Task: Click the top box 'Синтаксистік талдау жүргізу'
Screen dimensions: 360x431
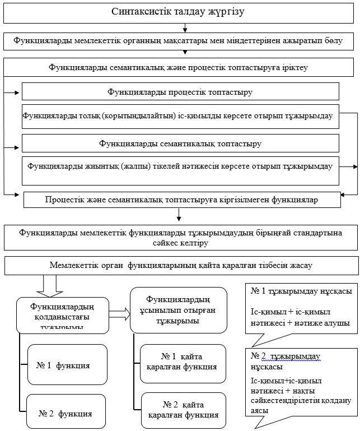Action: click(x=179, y=13)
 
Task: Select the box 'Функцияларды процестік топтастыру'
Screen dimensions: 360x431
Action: click(x=180, y=91)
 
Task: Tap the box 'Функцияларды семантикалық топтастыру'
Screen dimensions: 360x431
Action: click(x=180, y=143)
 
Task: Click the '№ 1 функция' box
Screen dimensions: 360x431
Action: click(x=67, y=364)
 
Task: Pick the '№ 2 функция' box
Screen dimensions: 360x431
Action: click(x=66, y=411)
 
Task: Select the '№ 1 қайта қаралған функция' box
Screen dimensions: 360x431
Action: click(x=183, y=364)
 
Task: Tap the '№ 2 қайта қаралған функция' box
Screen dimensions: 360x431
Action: click(x=184, y=410)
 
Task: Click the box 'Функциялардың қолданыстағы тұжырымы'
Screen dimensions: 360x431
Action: click(x=63, y=316)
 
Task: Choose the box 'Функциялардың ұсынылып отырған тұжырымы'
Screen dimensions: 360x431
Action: click(x=179, y=310)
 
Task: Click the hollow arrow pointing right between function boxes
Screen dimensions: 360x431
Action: click(x=119, y=314)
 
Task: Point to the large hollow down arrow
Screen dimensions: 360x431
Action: click(x=50, y=286)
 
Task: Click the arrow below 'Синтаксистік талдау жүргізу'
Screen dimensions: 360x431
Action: click(x=185, y=28)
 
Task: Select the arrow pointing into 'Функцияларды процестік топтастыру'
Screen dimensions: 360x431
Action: click(x=11, y=93)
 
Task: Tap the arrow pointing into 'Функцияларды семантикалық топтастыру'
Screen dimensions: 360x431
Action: click(x=11, y=147)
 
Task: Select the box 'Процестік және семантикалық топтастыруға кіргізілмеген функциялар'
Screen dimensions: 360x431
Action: click(x=182, y=200)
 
